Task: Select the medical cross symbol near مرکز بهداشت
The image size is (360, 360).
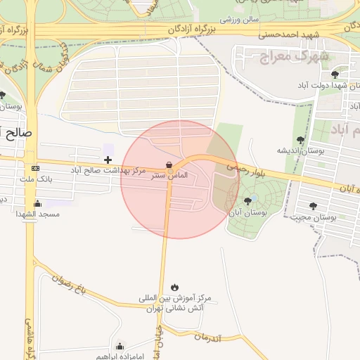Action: [108, 161]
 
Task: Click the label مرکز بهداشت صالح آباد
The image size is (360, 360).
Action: [108, 171]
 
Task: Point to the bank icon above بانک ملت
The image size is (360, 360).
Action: [36, 169]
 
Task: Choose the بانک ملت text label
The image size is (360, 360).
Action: [36, 179]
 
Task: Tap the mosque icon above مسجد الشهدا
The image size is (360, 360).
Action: [37, 204]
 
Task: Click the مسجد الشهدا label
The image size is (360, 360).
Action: [39, 214]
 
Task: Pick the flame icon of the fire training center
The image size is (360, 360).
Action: [174, 287]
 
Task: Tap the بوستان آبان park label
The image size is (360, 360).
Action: [245, 212]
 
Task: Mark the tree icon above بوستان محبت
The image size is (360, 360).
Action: [313, 206]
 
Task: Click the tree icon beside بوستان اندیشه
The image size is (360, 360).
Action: [301, 140]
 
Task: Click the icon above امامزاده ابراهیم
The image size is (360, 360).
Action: [120, 345]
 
